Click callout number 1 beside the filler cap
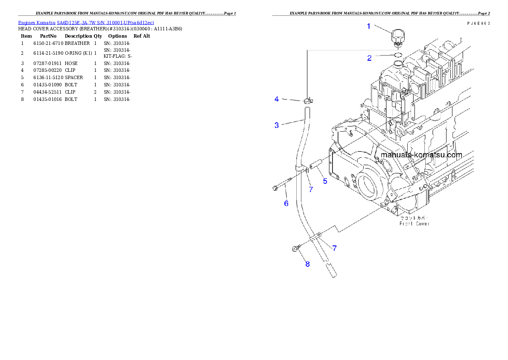tap(369, 26)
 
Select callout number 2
tap(370, 58)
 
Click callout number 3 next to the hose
tap(277, 125)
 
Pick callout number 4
tap(277, 99)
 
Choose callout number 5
tap(325, 181)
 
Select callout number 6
tap(286, 204)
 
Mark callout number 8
tap(307, 264)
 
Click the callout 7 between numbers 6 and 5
tap(311, 189)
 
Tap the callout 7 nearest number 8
tap(334, 248)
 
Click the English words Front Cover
tap(415, 224)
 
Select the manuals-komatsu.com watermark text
tap(421, 155)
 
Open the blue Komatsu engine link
tap(86, 23)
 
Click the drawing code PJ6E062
tap(478, 24)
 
